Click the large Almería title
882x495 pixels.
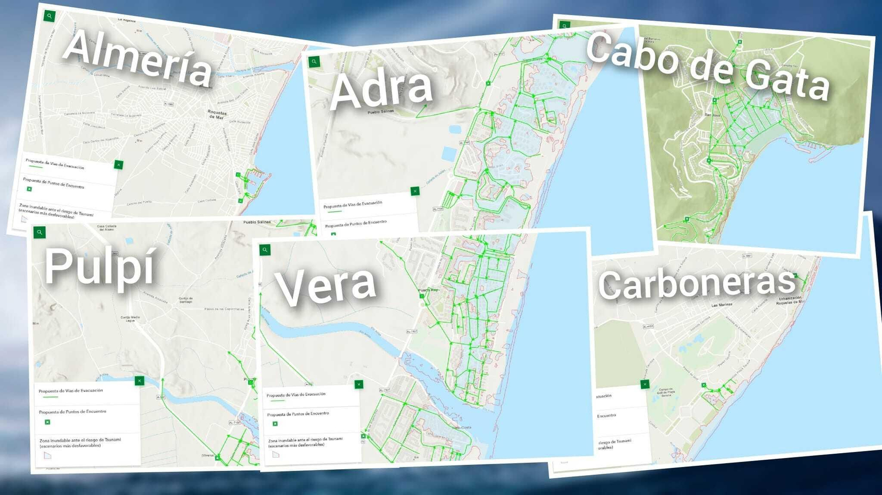[138, 58]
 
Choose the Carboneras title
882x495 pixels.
[697, 284]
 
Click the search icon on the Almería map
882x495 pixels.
[49, 16]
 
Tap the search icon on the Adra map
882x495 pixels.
[314, 62]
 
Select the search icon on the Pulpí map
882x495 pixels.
[40, 232]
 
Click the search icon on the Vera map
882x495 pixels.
[265, 250]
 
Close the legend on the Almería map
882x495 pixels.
[119, 165]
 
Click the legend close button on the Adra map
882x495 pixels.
[415, 191]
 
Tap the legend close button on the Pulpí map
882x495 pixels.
[139, 380]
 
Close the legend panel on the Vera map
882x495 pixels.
[359, 384]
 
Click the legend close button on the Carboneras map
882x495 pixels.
[645, 384]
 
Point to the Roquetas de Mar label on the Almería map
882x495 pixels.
[217, 114]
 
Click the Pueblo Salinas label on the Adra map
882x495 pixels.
[381, 112]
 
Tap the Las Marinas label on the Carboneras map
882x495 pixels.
[722, 304]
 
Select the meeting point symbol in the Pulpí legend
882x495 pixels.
[47, 422]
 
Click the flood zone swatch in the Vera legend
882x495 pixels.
[276, 454]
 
